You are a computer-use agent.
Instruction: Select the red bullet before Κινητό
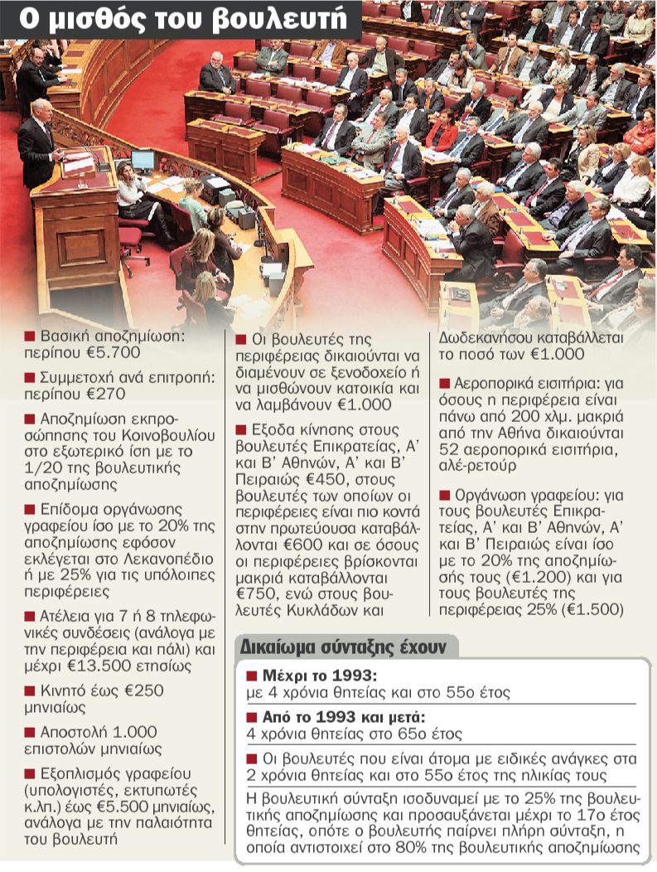pos(30,690)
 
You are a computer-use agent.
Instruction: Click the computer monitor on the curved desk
pos(143,160)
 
